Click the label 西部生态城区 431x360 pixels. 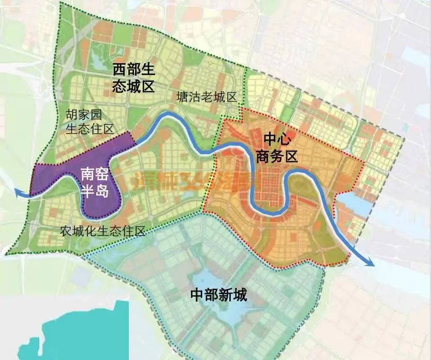click(134, 78)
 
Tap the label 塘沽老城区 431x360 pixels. click(206, 97)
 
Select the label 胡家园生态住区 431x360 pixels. click(90, 122)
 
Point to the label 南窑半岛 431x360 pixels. click(94, 182)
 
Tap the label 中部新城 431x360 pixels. click(218, 296)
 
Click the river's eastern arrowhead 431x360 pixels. click(369, 263)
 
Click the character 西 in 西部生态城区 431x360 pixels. click(120, 69)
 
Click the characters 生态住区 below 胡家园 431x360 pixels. click(90, 129)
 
